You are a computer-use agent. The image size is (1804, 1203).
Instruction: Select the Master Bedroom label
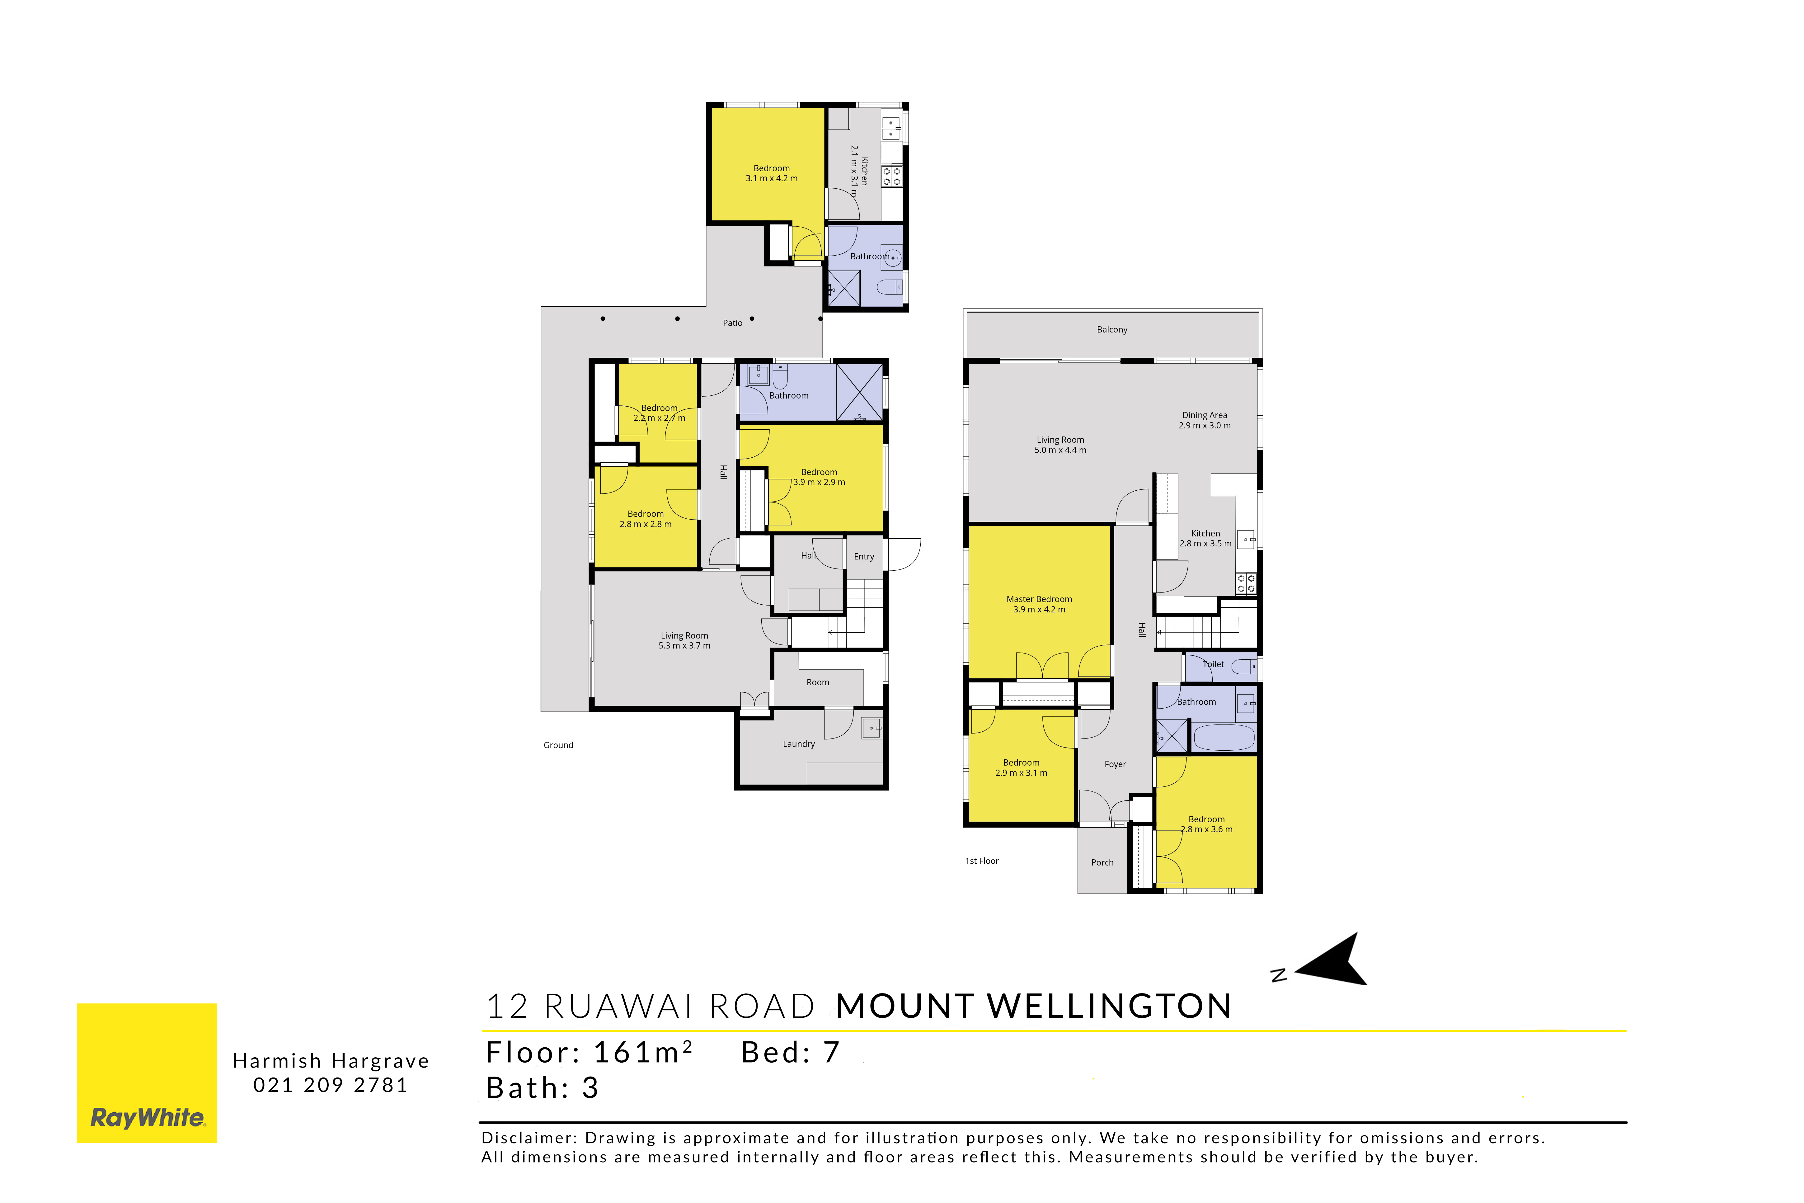click(x=1039, y=599)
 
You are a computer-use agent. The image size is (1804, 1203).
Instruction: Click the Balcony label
click(x=1112, y=330)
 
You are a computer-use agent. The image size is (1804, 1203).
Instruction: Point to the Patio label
click(x=732, y=323)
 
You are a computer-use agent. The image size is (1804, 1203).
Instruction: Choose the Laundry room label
click(x=798, y=744)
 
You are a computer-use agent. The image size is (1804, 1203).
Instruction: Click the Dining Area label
click(x=1204, y=415)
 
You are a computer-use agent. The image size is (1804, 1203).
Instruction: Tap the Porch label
click(x=1102, y=862)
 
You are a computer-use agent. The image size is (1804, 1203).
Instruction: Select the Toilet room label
click(x=1213, y=664)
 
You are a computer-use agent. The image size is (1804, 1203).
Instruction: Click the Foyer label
click(x=1115, y=764)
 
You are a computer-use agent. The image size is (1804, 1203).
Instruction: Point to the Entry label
click(x=864, y=557)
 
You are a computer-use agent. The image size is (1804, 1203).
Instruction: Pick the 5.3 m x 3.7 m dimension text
click(x=684, y=646)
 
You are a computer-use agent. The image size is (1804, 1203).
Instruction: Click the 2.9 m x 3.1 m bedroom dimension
click(x=1021, y=773)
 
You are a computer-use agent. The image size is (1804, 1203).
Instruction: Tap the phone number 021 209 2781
click(x=331, y=1085)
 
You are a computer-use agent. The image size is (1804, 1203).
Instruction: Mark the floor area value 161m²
click(x=643, y=1053)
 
